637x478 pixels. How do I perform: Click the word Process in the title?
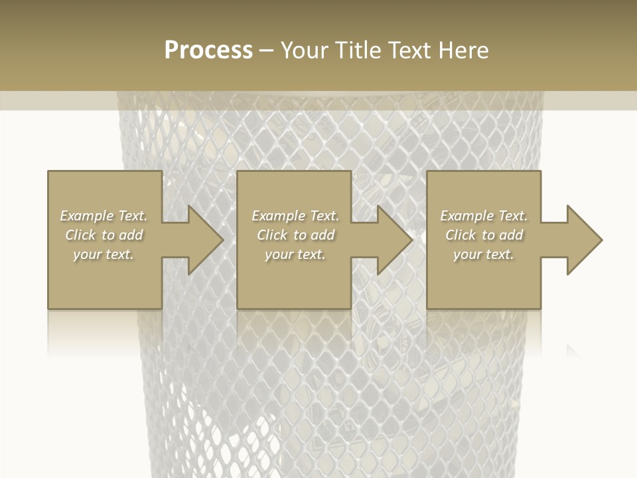pyautogui.click(x=208, y=50)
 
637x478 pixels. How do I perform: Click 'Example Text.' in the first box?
pyautogui.click(x=104, y=216)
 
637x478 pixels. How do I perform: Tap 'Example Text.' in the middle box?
pyautogui.click(x=295, y=216)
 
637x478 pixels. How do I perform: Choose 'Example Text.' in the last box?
pyautogui.click(x=484, y=216)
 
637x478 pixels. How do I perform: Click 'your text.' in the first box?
pyautogui.click(x=104, y=254)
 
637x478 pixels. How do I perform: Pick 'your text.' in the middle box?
pyautogui.click(x=295, y=254)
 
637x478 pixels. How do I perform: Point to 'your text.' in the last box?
pyautogui.click(x=484, y=254)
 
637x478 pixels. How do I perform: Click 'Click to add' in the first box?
pyautogui.click(x=104, y=235)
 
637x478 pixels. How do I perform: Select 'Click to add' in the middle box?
pyautogui.click(x=295, y=235)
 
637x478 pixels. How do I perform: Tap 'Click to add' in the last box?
pyautogui.click(x=484, y=235)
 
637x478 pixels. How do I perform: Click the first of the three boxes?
pyautogui.click(x=105, y=285)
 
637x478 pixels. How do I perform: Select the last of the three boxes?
pyautogui.click(x=484, y=285)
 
